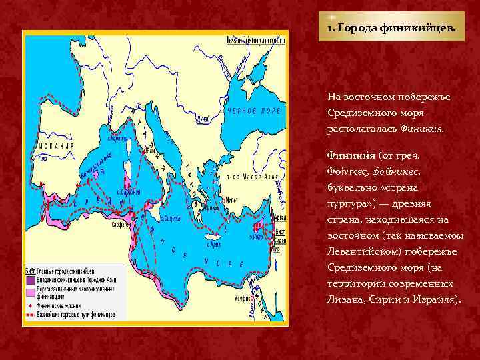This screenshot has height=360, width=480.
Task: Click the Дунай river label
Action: [203, 119]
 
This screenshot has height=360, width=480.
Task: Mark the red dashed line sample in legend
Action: [30, 312]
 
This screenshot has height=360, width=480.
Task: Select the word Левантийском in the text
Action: [361, 251]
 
